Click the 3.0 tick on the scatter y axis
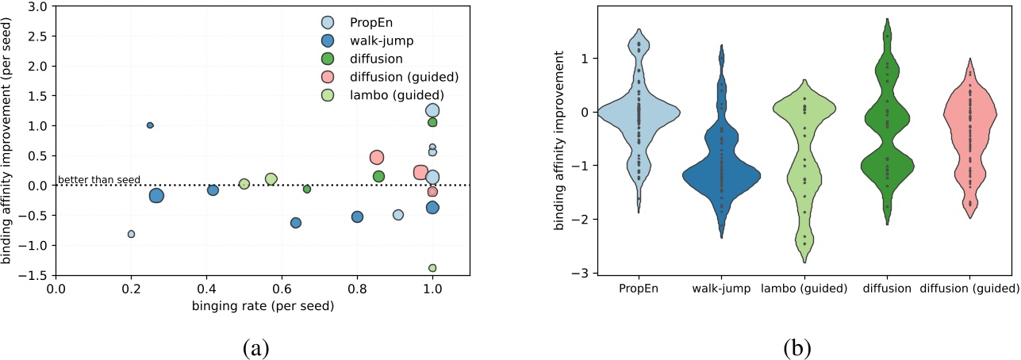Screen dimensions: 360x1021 pyautogui.click(x=36, y=6)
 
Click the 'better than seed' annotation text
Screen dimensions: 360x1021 pyautogui.click(x=98, y=180)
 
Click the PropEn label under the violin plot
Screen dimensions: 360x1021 pyautogui.click(x=639, y=289)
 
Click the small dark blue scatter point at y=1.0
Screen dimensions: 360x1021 pyautogui.click(x=150, y=125)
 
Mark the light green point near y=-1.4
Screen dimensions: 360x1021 pyautogui.click(x=432, y=268)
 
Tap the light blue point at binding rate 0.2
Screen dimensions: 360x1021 pyautogui.click(x=131, y=234)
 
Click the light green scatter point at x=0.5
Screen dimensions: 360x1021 pyautogui.click(x=244, y=184)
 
